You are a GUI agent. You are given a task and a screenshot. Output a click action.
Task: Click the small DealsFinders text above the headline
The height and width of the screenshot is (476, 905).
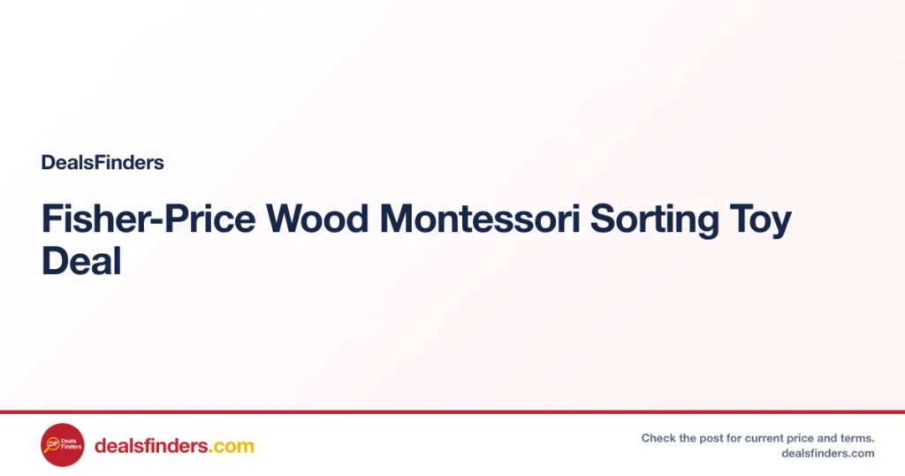pos(103,162)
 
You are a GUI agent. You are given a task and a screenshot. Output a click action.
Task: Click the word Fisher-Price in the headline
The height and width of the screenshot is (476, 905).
pos(148,219)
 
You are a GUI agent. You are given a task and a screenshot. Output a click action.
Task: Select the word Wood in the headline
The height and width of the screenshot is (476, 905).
pos(317,219)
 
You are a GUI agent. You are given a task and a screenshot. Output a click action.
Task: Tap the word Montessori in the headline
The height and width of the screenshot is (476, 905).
pos(480,219)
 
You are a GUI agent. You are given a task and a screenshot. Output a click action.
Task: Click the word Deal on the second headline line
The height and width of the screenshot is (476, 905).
pos(81,260)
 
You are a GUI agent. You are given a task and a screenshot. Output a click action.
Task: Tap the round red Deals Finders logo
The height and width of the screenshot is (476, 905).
pos(63,445)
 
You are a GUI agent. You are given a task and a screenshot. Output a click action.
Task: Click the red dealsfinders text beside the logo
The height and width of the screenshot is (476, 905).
pos(151,446)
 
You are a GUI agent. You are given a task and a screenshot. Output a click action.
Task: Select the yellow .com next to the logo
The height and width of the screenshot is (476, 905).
pos(232,447)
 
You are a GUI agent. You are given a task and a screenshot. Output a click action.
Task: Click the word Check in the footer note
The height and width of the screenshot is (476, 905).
pos(658,438)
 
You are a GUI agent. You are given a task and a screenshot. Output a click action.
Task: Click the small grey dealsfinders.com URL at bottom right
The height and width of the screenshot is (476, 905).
pos(828,454)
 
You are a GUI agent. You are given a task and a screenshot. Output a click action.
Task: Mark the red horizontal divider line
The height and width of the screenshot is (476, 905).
pos(452,412)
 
